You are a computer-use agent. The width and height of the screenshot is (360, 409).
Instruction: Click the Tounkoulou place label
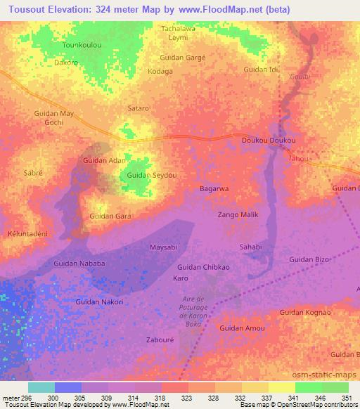[84, 44]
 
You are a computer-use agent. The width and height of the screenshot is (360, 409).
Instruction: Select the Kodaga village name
[160, 72]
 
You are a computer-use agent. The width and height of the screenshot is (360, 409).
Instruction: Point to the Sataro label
[138, 108]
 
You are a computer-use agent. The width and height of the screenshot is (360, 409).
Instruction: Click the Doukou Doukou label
[268, 141]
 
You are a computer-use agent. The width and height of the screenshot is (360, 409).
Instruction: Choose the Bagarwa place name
[214, 189]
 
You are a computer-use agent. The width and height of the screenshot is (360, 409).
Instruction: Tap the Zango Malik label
[238, 214]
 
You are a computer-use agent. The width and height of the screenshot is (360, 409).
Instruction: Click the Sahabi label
[250, 247]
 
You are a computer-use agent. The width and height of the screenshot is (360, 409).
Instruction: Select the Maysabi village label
[165, 247]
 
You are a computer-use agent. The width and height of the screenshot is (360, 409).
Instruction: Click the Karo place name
[181, 278]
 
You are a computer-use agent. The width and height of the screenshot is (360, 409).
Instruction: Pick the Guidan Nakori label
[99, 301]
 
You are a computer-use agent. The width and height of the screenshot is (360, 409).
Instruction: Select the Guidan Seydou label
[152, 174]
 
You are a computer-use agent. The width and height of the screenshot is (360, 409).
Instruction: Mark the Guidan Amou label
[241, 328]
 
